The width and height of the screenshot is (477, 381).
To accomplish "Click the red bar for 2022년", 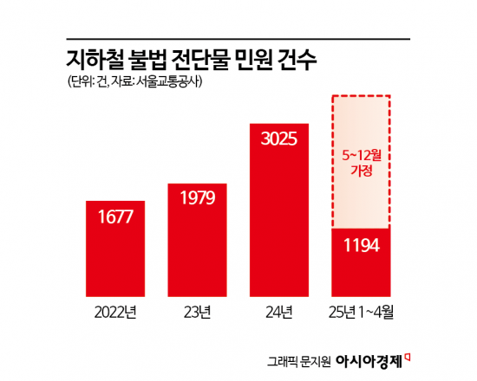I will (115, 250).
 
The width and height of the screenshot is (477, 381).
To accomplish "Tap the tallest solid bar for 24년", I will (279, 216).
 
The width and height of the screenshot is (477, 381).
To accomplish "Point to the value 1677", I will (115, 216).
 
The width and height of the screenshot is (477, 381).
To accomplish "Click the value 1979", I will (197, 198).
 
